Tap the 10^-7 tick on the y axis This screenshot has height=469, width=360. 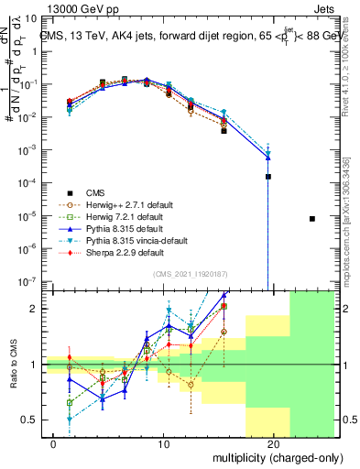[32, 282]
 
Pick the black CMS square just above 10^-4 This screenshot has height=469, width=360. [268, 176]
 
